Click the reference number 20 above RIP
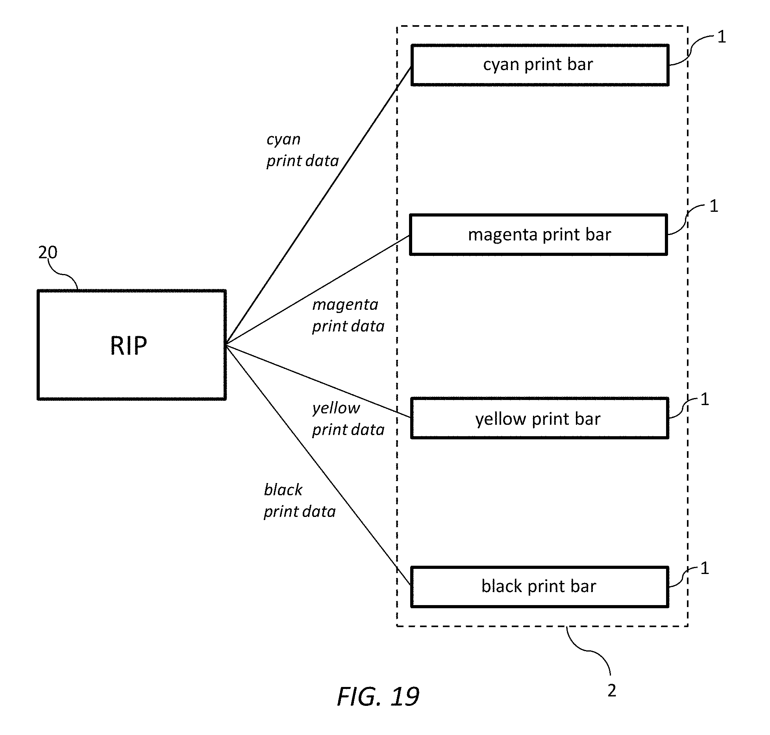pos(48,252)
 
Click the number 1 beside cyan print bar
pos(721,37)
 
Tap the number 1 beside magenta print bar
pos(714,206)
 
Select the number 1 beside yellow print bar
pos(705,399)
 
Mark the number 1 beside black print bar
pos(705,568)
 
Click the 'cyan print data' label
pos(302,150)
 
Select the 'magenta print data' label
pos(348,316)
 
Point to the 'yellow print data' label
pos(348,419)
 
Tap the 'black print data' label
pos(300,501)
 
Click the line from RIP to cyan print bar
pos(318,206)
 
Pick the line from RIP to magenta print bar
pos(318,291)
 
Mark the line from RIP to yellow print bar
pos(318,381)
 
